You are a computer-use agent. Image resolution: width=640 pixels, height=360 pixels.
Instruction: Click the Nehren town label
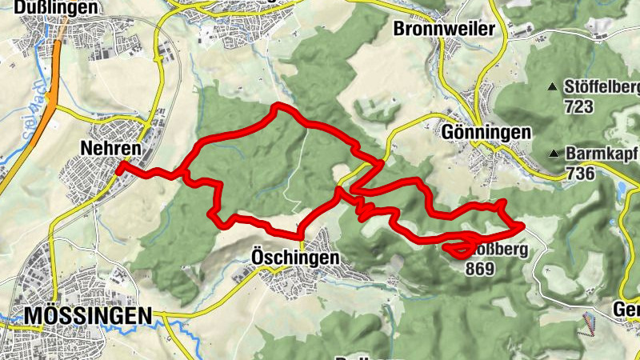(x=110, y=148)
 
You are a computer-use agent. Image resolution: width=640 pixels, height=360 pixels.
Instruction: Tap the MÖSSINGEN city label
(x=87, y=316)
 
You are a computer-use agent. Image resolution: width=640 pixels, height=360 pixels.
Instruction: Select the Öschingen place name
(x=289, y=258)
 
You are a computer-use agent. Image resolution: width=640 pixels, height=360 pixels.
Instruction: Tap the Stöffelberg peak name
(x=601, y=86)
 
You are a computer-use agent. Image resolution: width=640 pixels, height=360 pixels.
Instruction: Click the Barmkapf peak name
(x=602, y=153)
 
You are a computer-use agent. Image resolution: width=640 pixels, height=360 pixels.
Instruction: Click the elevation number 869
(x=481, y=269)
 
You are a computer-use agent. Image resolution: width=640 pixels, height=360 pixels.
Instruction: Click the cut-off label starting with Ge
(x=625, y=310)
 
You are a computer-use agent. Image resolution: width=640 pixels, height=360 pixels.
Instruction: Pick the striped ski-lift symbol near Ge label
(x=590, y=324)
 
